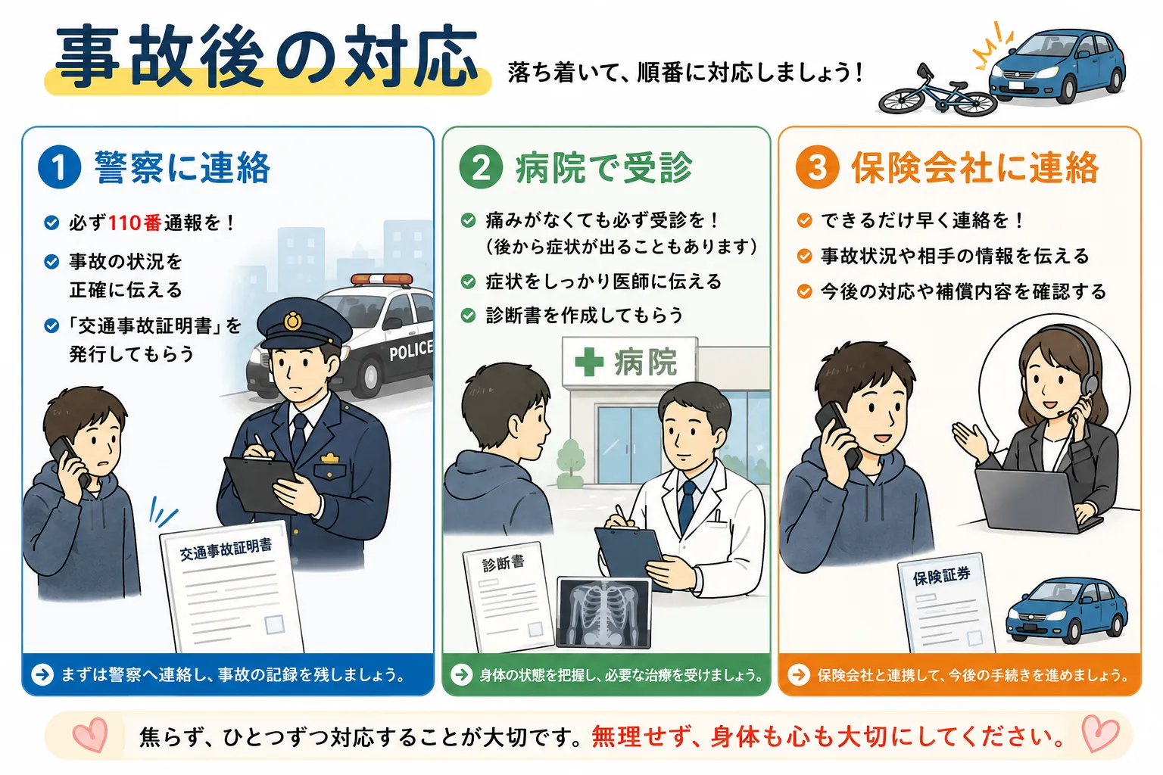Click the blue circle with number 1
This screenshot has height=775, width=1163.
tap(59, 167)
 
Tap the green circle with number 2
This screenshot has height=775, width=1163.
tap(481, 167)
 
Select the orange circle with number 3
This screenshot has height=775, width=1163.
tap(817, 167)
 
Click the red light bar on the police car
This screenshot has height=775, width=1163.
tap(382, 279)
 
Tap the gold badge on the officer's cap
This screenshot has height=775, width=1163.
tap(293, 321)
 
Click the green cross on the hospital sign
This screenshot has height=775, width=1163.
tap(589, 361)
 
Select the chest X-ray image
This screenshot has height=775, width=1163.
tap(603, 612)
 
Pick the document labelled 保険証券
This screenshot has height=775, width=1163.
tap(946, 603)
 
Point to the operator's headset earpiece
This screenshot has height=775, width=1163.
tap(1090, 385)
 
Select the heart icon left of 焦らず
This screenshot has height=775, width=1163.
tap(90, 735)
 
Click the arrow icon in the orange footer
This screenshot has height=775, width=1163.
tap(799, 675)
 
